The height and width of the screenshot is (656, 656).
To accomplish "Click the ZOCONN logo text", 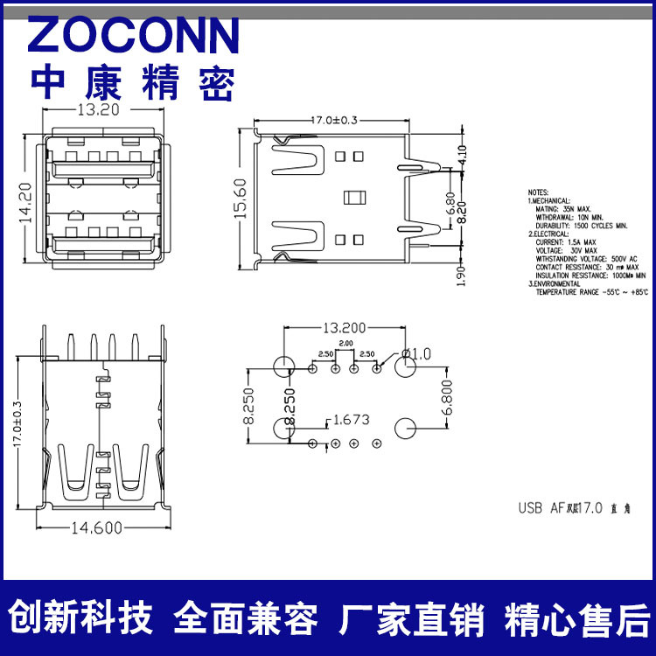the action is [x=134, y=36].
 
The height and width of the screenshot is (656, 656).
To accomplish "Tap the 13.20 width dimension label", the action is [x=99, y=110].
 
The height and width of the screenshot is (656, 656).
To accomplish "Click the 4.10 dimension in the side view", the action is [x=463, y=155].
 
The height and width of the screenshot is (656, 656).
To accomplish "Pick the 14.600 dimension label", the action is [x=96, y=527].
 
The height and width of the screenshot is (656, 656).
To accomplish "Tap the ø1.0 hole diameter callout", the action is [x=416, y=353].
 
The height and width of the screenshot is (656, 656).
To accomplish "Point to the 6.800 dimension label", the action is [x=448, y=398].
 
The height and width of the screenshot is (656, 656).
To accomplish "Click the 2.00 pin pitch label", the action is [x=345, y=344].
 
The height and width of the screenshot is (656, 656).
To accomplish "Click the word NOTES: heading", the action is [x=538, y=192].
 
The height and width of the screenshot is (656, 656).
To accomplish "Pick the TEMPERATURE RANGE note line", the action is [x=592, y=292].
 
